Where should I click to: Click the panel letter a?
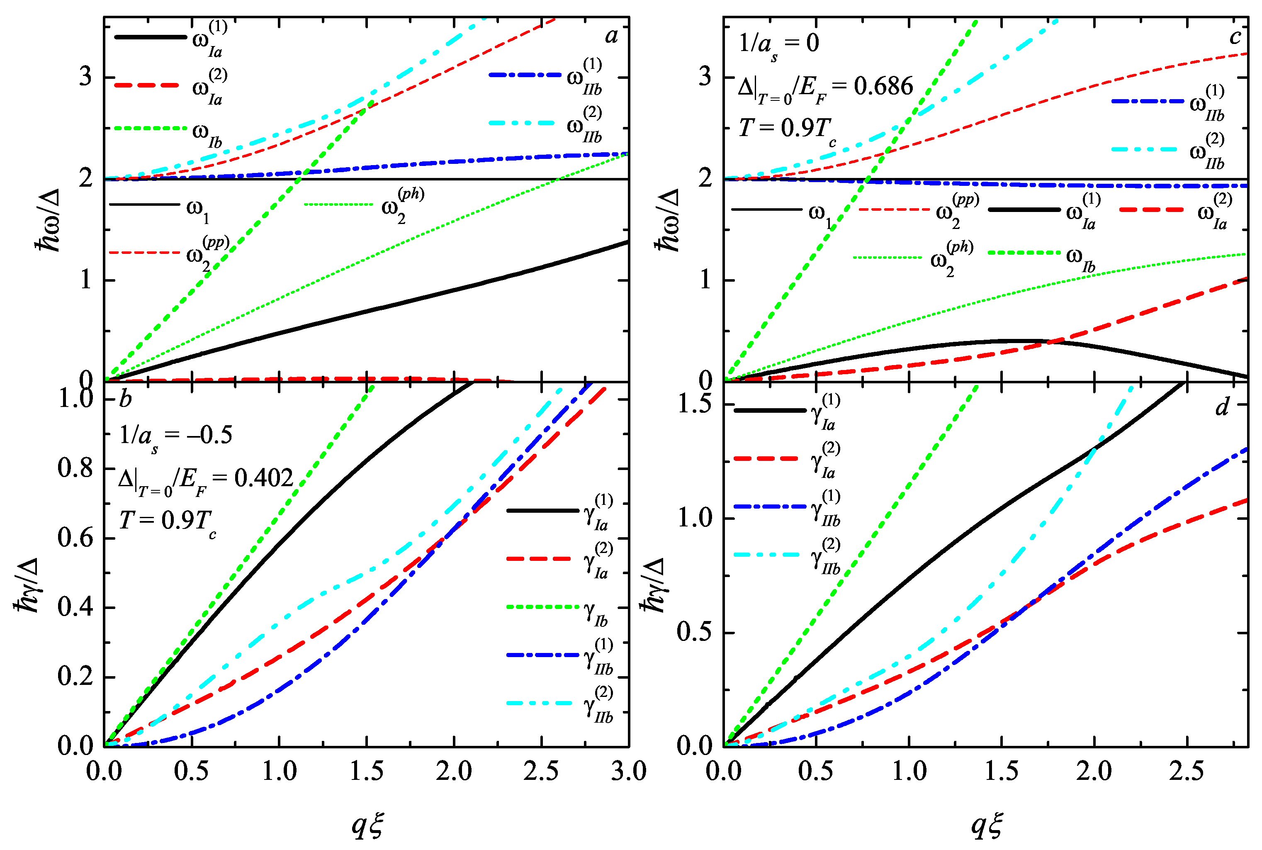[x=611, y=36]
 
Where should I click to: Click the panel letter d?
[x=1221, y=407]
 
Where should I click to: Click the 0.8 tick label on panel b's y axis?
[x=75, y=469]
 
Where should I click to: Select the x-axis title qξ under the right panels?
[x=986, y=825]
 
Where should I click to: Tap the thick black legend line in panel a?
[x=150, y=37]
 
